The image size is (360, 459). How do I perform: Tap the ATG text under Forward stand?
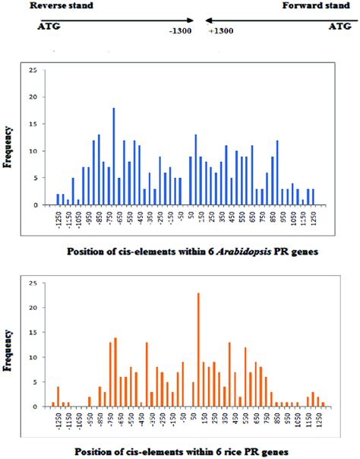340,27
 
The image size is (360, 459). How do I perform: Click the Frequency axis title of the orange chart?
8,347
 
